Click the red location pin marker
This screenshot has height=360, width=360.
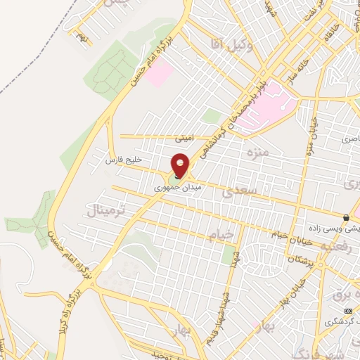coord(181,165)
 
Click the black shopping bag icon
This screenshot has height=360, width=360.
coord(346,217)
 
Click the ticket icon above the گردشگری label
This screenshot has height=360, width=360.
coord(348,310)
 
